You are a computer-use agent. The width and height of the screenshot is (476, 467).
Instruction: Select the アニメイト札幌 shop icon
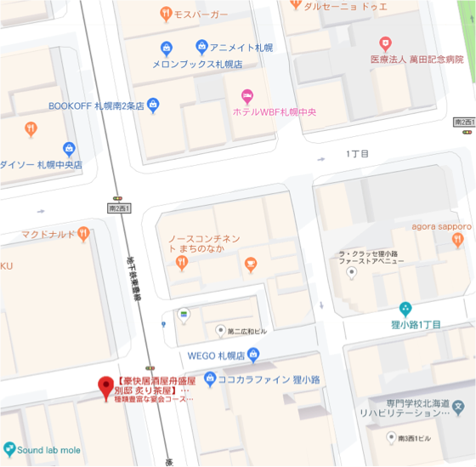pyautogui.click(x=201, y=46)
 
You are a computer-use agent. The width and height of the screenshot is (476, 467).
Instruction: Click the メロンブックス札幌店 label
pyautogui.click(x=197, y=64)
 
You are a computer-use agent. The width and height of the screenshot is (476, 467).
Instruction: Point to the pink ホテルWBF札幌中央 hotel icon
pyautogui.click(x=247, y=96)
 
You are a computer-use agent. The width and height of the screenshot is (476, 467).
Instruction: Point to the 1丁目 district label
pyautogui.click(x=358, y=154)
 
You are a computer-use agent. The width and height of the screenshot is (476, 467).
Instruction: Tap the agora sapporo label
pyautogui.click(x=441, y=226)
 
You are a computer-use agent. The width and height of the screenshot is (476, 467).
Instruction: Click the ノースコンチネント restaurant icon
pyautogui.click(x=181, y=263)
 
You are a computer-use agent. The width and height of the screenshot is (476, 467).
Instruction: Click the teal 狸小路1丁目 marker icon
pyautogui.click(x=405, y=308)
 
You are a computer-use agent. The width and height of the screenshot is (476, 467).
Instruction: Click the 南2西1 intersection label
pyautogui.click(x=120, y=208)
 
